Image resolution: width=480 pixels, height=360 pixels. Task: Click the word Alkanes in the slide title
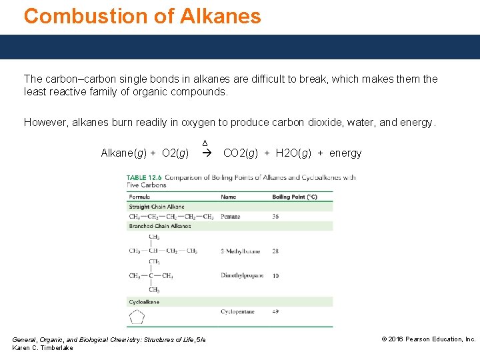pos(221,16)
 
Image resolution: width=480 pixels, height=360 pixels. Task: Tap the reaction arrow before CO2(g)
pos(206,153)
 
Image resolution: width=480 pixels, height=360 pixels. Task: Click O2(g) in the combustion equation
pos(175,153)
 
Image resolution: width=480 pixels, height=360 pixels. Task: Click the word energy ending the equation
pos(345,153)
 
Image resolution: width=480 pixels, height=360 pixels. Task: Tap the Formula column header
pos(139,197)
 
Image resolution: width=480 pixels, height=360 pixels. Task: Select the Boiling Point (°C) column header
pos(295,197)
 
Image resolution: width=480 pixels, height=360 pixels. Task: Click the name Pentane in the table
pos(231,217)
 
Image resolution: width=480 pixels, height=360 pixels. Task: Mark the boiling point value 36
pos(276,217)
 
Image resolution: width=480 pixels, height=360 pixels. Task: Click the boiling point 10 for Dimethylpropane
pos(276,275)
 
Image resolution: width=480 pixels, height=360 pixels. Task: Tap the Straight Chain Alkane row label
pos(157,207)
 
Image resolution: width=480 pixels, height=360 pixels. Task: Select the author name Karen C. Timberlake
pos(43,348)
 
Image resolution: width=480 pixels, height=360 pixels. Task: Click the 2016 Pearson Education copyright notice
pos(429,339)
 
